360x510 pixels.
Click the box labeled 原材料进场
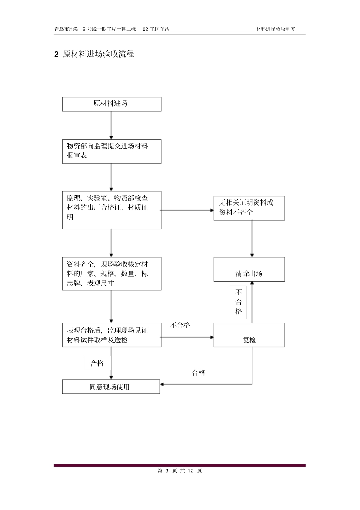click(x=111, y=104)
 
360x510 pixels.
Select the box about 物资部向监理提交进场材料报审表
click(x=111, y=151)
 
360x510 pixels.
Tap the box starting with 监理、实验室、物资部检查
click(x=111, y=210)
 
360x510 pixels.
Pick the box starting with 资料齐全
click(x=111, y=274)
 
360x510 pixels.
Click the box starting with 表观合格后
click(x=111, y=335)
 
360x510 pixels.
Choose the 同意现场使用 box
click(x=111, y=387)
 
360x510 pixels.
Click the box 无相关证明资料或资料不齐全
click(x=249, y=208)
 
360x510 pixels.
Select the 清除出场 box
click(x=249, y=270)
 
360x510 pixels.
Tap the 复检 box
click(x=249, y=335)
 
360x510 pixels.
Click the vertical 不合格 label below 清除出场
click(x=238, y=302)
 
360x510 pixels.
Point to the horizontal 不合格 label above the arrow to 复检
click(x=180, y=325)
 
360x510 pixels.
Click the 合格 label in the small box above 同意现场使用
click(x=97, y=363)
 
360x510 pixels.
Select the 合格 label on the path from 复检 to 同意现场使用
click(x=199, y=373)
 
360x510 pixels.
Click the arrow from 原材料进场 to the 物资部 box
click(x=111, y=126)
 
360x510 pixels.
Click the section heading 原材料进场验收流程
click(x=98, y=54)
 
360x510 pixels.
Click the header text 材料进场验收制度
click(x=275, y=29)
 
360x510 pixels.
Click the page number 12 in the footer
click(x=191, y=471)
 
